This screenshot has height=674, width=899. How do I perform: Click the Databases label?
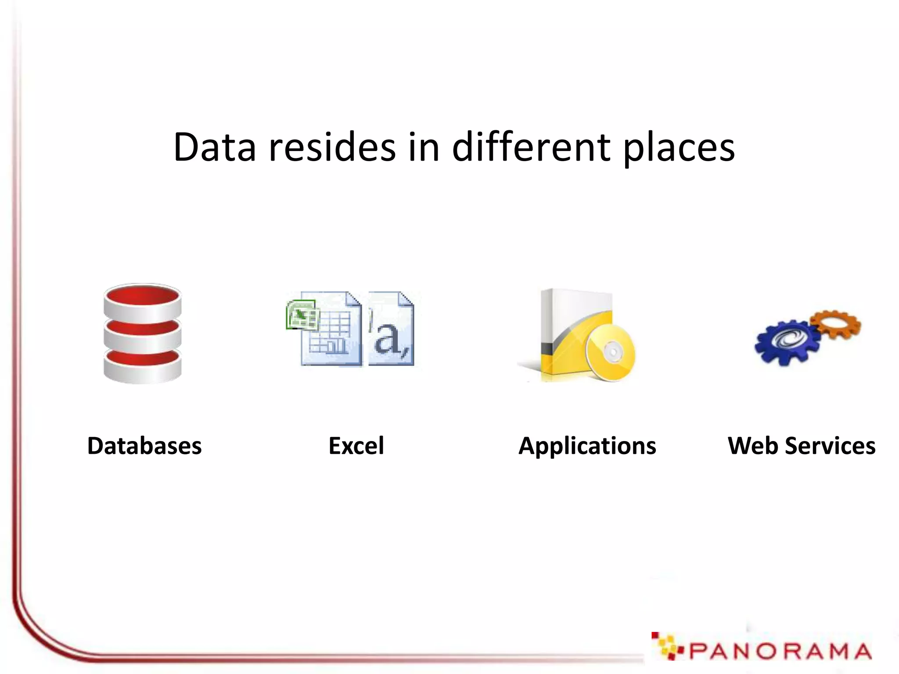(144, 446)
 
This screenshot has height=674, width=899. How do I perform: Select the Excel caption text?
(356, 446)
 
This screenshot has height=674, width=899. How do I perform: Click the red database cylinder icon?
(143, 333)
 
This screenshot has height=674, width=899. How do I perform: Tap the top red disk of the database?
(143, 295)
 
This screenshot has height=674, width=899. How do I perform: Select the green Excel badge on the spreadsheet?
(302, 314)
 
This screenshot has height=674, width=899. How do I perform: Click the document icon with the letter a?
(391, 329)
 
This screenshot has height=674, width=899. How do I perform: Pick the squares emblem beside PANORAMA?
(665, 646)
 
